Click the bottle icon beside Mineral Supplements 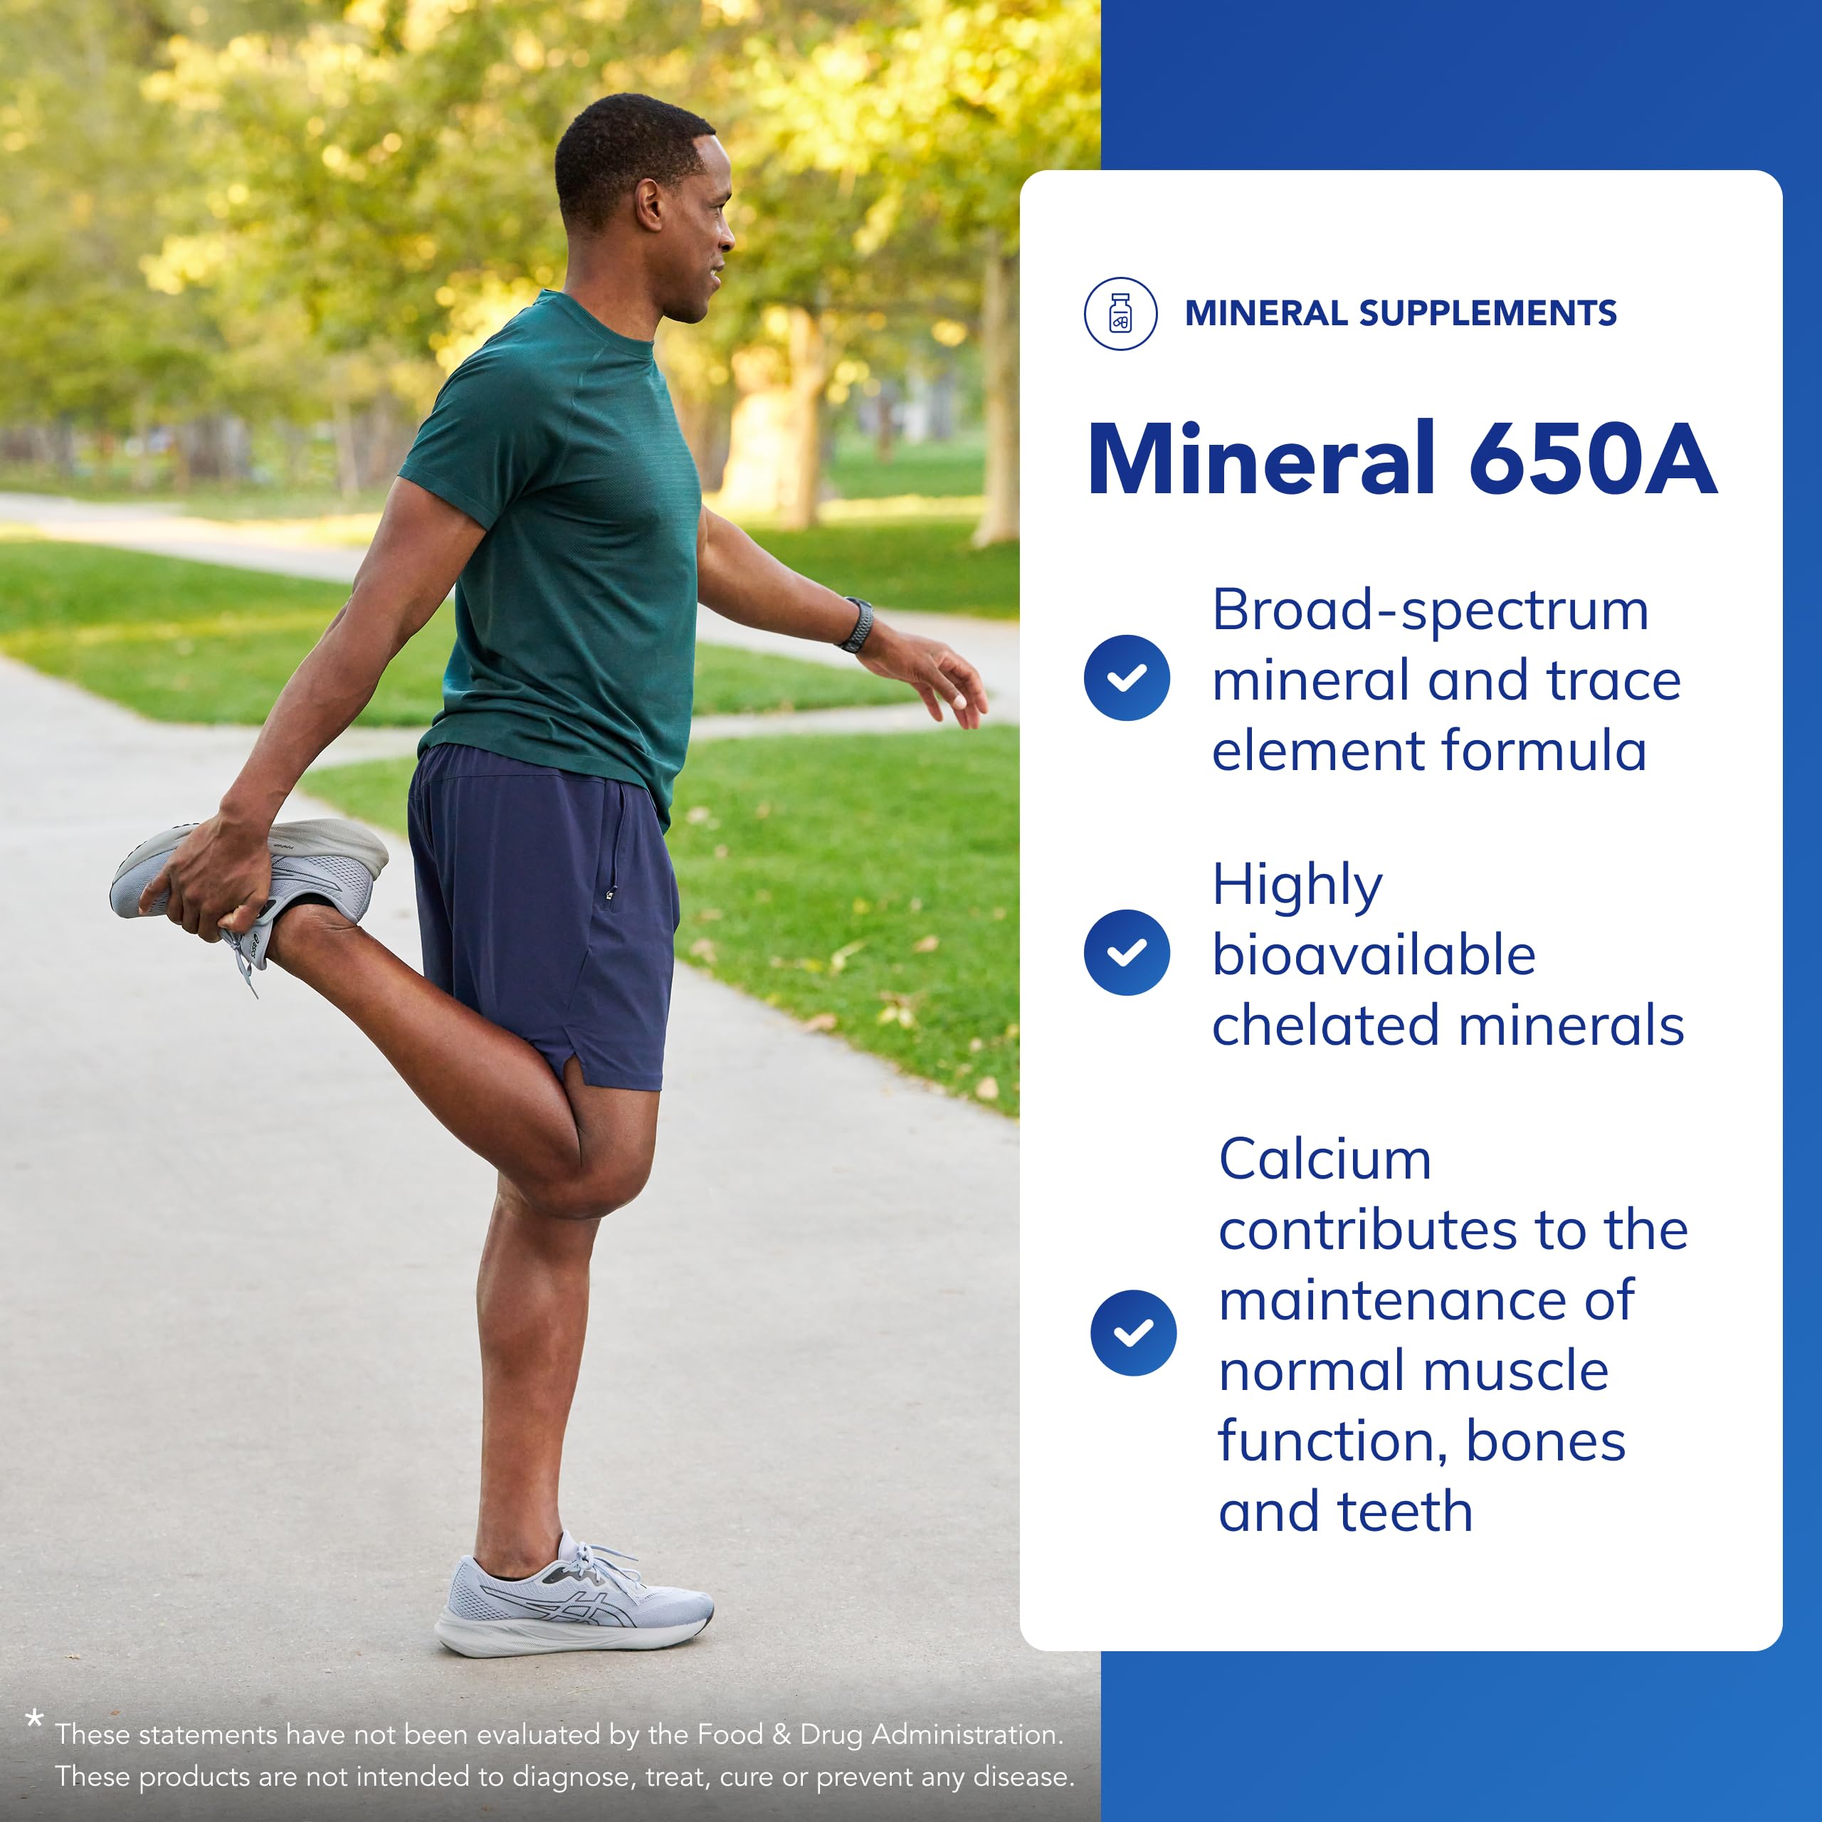pos(1120,313)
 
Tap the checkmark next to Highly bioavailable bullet pos(1127,952)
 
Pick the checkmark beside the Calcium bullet pos(1134,1332)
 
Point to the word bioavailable pos(1374,954)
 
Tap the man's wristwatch pos(858,624)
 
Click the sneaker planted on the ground pos(575,1604)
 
